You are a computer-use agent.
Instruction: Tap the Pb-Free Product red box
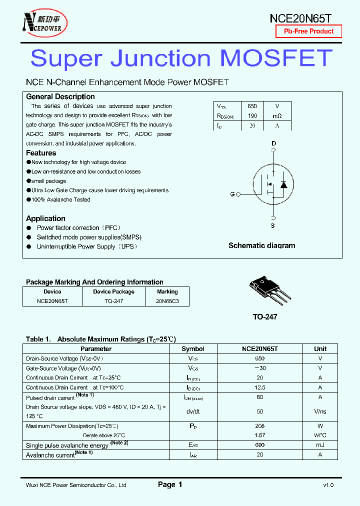(x=308, y=31)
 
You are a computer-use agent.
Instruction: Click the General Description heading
(x=60, y=96)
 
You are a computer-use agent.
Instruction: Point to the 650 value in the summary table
(x=252, y=106)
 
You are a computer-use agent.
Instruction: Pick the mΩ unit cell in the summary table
(x=277, y=116)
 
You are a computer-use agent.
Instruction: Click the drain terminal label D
(x=273, y=143)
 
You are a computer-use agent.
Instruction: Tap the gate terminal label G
(x=232, y=194)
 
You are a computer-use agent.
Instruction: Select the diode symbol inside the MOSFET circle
(x=283, y=184)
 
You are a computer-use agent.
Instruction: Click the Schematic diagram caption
(x=261, y=245)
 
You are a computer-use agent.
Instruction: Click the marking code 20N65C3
(x=167, y=301)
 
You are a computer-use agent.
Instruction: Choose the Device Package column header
(x=113, y=291)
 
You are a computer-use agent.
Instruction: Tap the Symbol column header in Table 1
(x=193, y=349)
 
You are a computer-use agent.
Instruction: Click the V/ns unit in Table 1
(x=320, y=411)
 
